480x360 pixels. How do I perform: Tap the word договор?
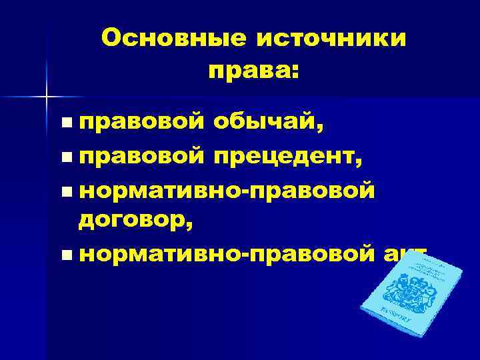[133, 220]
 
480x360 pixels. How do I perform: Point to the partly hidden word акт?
[404, 254]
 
